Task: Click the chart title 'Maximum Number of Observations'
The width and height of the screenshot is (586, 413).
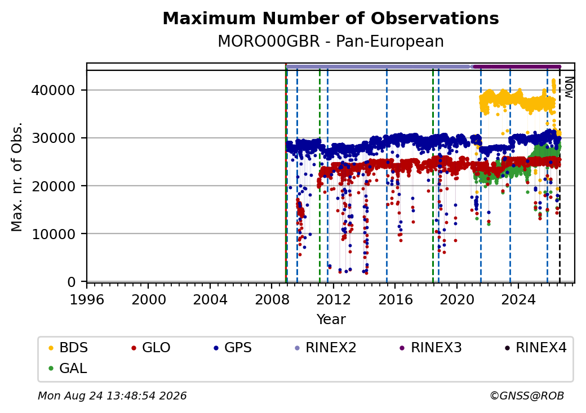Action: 331,18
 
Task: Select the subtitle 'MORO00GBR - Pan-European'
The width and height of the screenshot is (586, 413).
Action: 331,42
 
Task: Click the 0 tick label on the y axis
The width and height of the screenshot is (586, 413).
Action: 72,282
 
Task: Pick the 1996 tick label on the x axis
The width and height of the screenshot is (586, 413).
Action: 87,299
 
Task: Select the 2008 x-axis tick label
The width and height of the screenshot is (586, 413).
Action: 272,299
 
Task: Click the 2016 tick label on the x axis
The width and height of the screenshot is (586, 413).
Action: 395,299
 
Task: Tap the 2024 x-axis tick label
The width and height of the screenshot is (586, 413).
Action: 518,299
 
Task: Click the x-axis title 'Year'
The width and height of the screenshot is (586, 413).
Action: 331,320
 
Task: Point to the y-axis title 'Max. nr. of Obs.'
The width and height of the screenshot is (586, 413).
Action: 17,177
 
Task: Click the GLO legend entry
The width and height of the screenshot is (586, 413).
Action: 150,348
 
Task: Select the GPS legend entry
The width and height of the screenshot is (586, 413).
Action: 233,348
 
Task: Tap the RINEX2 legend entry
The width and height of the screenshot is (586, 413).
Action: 326,348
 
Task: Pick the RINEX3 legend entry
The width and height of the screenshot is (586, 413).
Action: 431,348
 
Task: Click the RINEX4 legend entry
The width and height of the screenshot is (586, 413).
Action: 535,348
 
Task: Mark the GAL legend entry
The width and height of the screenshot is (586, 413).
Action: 68,368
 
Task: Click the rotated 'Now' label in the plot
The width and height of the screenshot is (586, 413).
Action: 569,87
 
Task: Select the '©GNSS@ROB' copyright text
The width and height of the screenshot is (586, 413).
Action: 527,396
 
